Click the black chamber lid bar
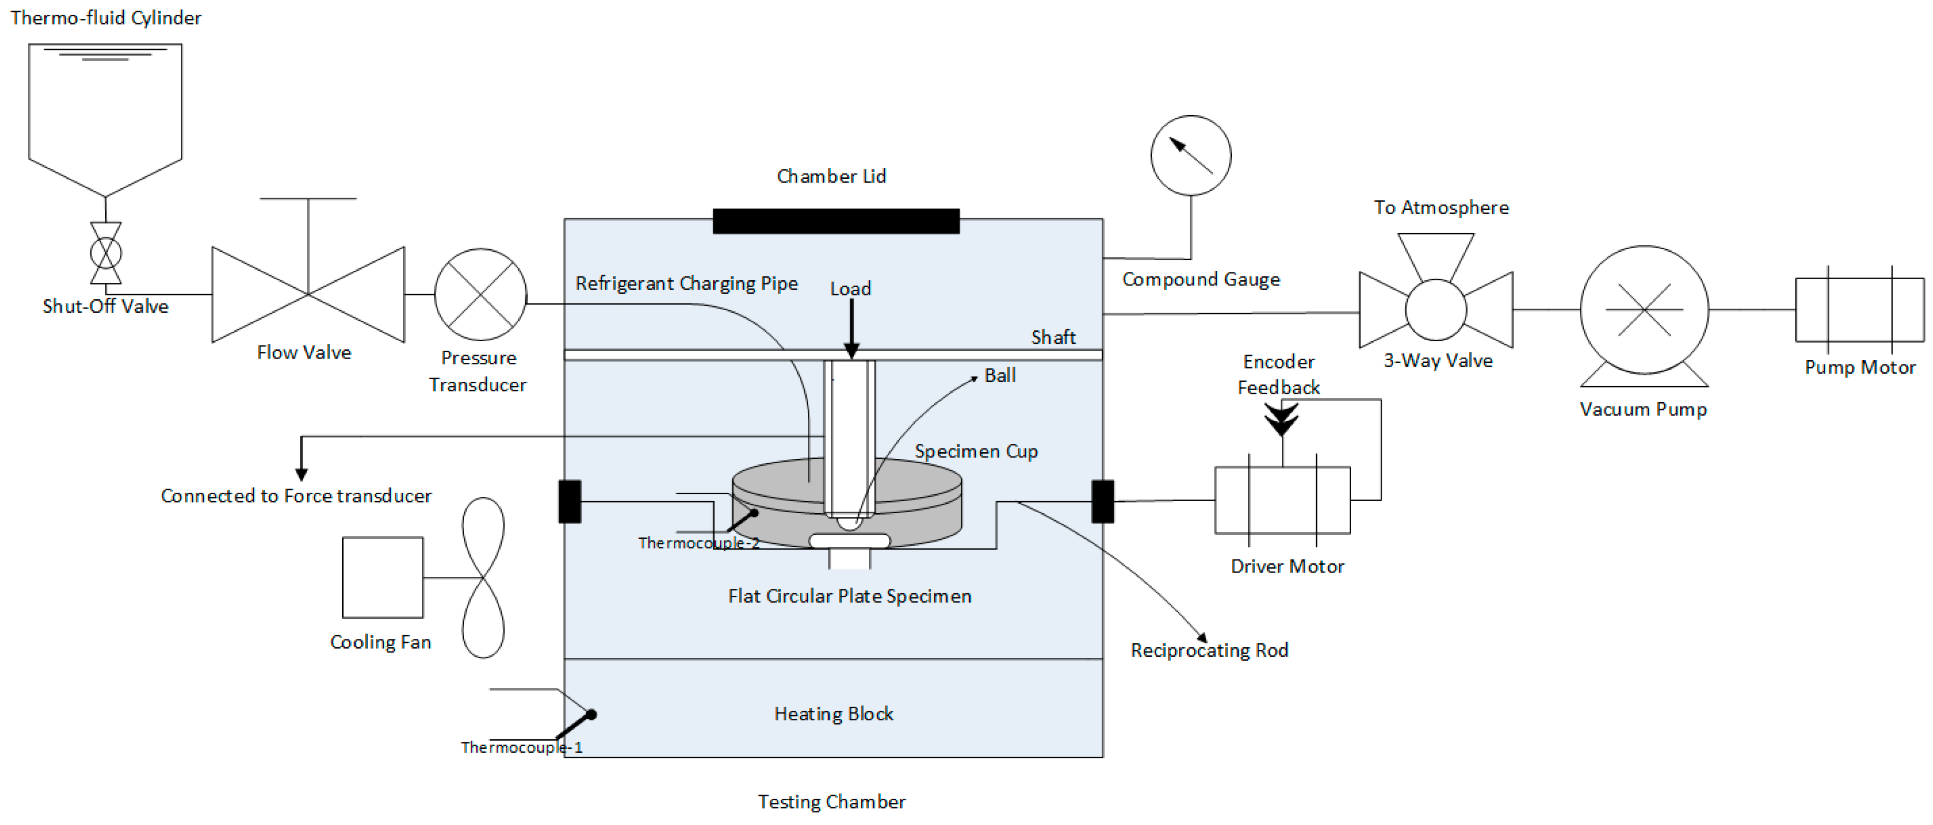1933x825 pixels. [x=836, y=221]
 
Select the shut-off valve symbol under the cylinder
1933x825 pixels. [x=106, y=253]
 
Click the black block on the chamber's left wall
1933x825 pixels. [x=570, y=501]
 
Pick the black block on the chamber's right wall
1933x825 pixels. [x=1102, y=501]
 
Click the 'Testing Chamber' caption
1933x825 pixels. [x=831, y=802]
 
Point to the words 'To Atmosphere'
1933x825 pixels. [x=1442, y=207]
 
